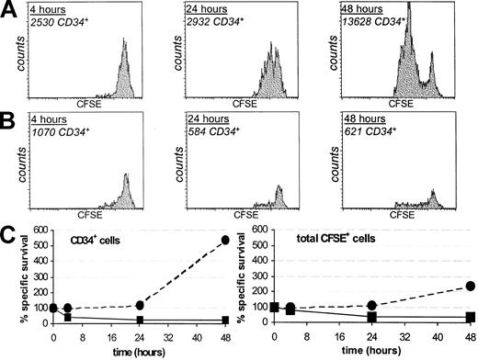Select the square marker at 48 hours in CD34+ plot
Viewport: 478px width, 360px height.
coord(223,321)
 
